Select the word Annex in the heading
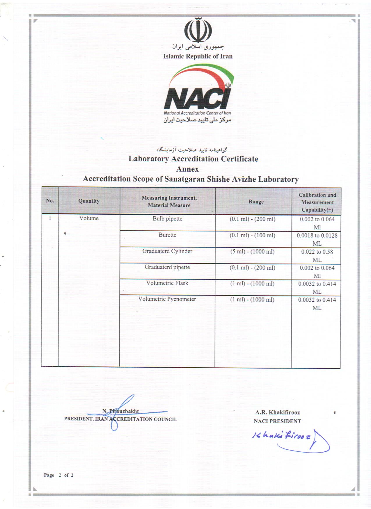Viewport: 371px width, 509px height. click(187, 169)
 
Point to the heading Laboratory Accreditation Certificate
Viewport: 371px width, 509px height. click(193, 159)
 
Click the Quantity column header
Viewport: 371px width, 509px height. click(89, 201)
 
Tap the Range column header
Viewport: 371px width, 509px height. click(256, 202)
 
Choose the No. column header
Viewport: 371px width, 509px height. click(50, 201)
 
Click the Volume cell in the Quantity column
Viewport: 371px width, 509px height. click(89, 218)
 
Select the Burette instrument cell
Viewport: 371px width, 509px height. click(167, 235)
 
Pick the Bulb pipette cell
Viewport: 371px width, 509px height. click(167, 219)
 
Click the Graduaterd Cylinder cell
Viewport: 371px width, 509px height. click(167, 251)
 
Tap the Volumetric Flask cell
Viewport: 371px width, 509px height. click(167, 283)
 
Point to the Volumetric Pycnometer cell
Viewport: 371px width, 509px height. click(167, 299)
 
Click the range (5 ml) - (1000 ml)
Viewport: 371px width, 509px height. click(252, 252)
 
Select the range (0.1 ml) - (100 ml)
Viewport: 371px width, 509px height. click(252, 235)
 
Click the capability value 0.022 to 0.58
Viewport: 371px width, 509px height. click(317, 252)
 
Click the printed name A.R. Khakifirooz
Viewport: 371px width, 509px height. click(277, 412)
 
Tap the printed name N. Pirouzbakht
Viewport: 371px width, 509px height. click(120, 411)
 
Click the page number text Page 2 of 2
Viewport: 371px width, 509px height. click(58, 475)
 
